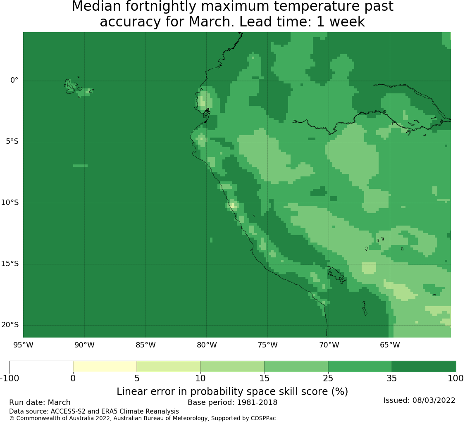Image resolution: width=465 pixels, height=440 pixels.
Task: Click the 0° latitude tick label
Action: point(14,80)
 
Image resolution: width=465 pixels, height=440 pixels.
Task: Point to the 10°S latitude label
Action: point(10,202)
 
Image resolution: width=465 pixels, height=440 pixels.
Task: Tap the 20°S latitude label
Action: point(10,325)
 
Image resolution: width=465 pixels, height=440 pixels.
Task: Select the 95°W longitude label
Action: point(23,345)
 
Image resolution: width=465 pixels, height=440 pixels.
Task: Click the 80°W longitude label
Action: point(207,345)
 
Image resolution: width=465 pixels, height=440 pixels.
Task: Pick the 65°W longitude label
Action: point(390,345)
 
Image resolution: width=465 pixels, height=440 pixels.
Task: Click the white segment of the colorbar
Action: point(41,366)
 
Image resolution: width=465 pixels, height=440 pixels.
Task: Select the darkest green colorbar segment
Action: point(424,366)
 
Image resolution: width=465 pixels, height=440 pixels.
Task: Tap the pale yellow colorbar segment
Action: point(105,366)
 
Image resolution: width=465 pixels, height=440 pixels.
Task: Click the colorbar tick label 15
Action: point(264,378)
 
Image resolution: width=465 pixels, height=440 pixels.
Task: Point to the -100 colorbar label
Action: point(10,378)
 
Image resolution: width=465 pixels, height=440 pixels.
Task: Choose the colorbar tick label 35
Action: point(392,378)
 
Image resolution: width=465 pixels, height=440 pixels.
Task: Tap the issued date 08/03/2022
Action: point(434,400)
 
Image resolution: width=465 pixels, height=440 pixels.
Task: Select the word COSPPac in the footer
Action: point(263,419)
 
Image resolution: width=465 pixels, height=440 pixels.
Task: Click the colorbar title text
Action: point(232,391)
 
